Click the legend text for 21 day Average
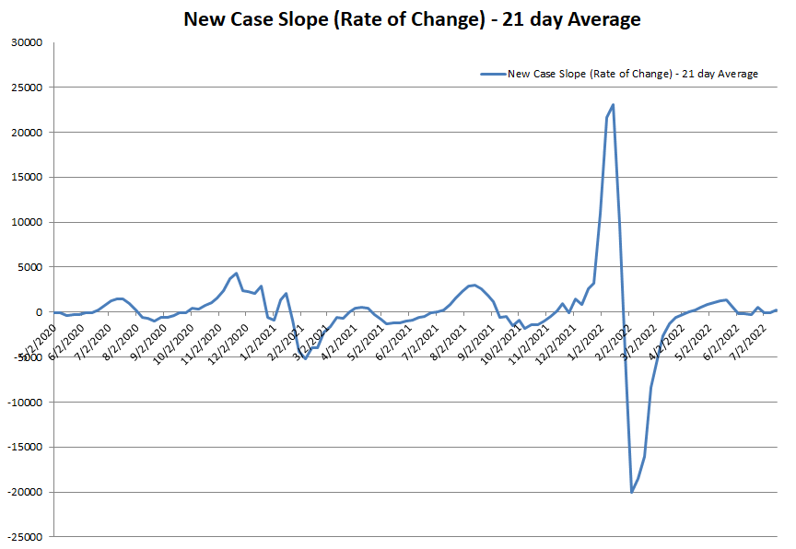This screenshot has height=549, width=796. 632,74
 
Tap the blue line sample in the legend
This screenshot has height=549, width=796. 492,74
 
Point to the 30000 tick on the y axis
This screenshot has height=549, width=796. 28,42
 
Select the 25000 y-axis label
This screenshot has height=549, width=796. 28,88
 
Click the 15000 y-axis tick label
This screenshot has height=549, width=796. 28,178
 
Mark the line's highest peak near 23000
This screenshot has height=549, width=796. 614,105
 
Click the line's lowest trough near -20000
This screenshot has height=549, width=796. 632,492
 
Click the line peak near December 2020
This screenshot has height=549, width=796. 237,274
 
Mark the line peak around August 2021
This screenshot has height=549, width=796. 474,285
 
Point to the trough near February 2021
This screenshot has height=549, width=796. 306,358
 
